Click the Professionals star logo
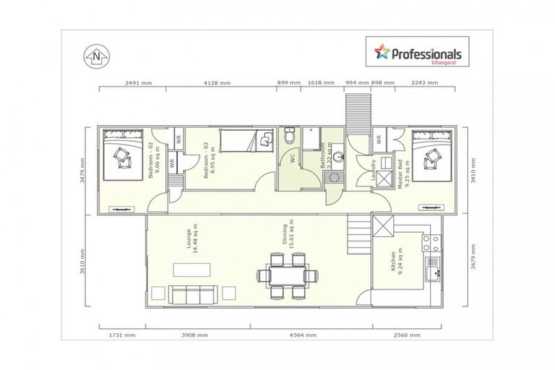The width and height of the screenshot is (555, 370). (x=380, y=52)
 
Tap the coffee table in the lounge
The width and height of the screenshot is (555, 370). (x=192, y=270)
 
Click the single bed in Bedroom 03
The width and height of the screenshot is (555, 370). (x=244, y=139)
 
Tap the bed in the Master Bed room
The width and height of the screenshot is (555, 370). (x=434, y=154)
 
